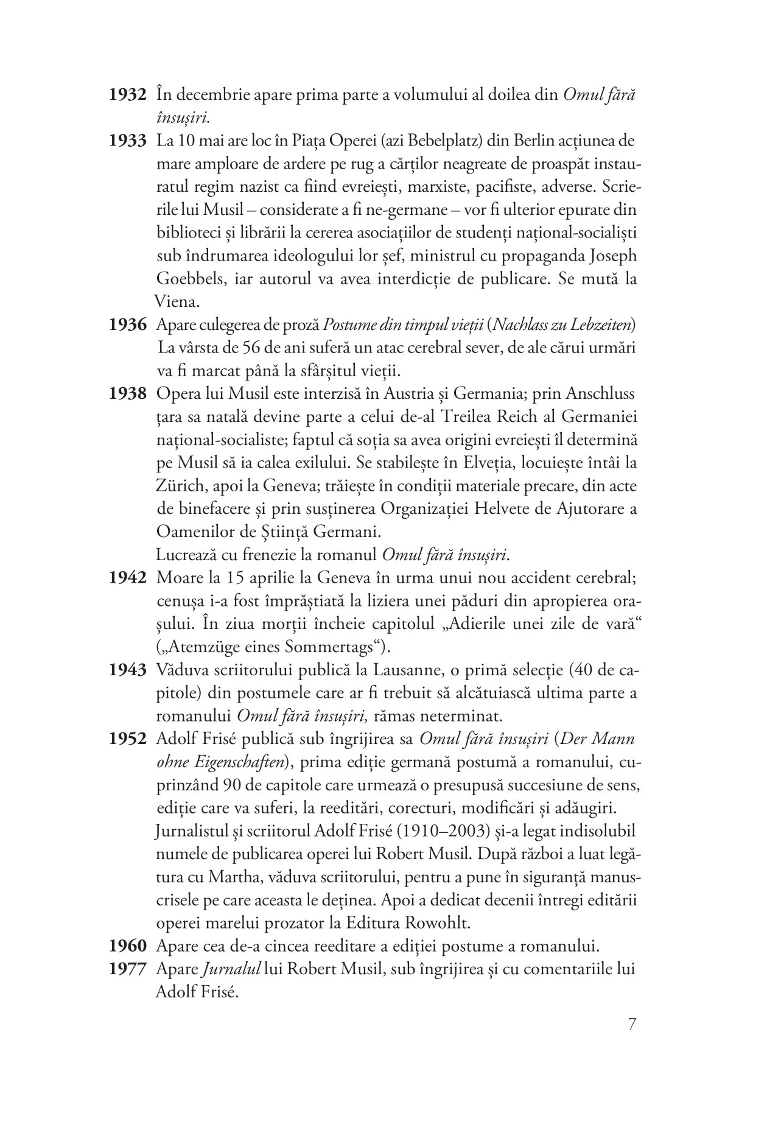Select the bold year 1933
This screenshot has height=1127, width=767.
(128, 142)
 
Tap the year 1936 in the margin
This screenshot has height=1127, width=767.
(128, 325)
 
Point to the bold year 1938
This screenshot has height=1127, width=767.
(128, 394)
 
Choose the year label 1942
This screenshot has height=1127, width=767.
(128, 578)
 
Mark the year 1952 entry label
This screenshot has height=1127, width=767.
(128, 740)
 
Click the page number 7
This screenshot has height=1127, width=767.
(631, 1023)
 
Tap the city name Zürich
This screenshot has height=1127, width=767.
(179, 486)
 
